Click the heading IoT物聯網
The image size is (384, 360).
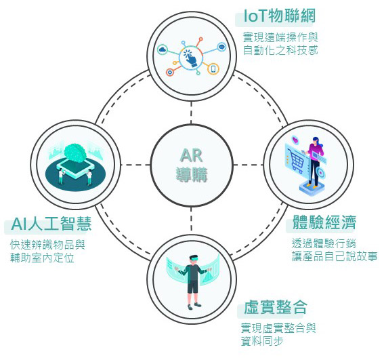coord(280,16)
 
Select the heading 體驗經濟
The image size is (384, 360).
coord(324,222)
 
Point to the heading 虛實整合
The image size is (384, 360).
coord(275,307)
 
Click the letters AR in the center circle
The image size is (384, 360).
coord(191,155)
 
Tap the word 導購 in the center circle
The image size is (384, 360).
coord(192,174)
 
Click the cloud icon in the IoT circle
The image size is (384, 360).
coord(162,49)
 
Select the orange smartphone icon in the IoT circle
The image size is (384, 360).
coord(213,68)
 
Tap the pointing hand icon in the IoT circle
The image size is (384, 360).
coord(191,58)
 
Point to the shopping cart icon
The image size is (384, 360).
coord(297,161)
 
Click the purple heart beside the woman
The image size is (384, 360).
coord(296,140)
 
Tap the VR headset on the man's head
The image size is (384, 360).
coord(194,258)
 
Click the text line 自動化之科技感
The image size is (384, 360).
coord(280,50)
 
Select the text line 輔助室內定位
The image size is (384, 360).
coord(42,258)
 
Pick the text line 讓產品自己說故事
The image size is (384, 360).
coord(335,256)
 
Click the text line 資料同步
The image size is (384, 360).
coord(262,341)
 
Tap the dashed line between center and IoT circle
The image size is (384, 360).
coord(191,113)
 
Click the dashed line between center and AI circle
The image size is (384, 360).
coord(135,165)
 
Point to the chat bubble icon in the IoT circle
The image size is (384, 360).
coord(221,47)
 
